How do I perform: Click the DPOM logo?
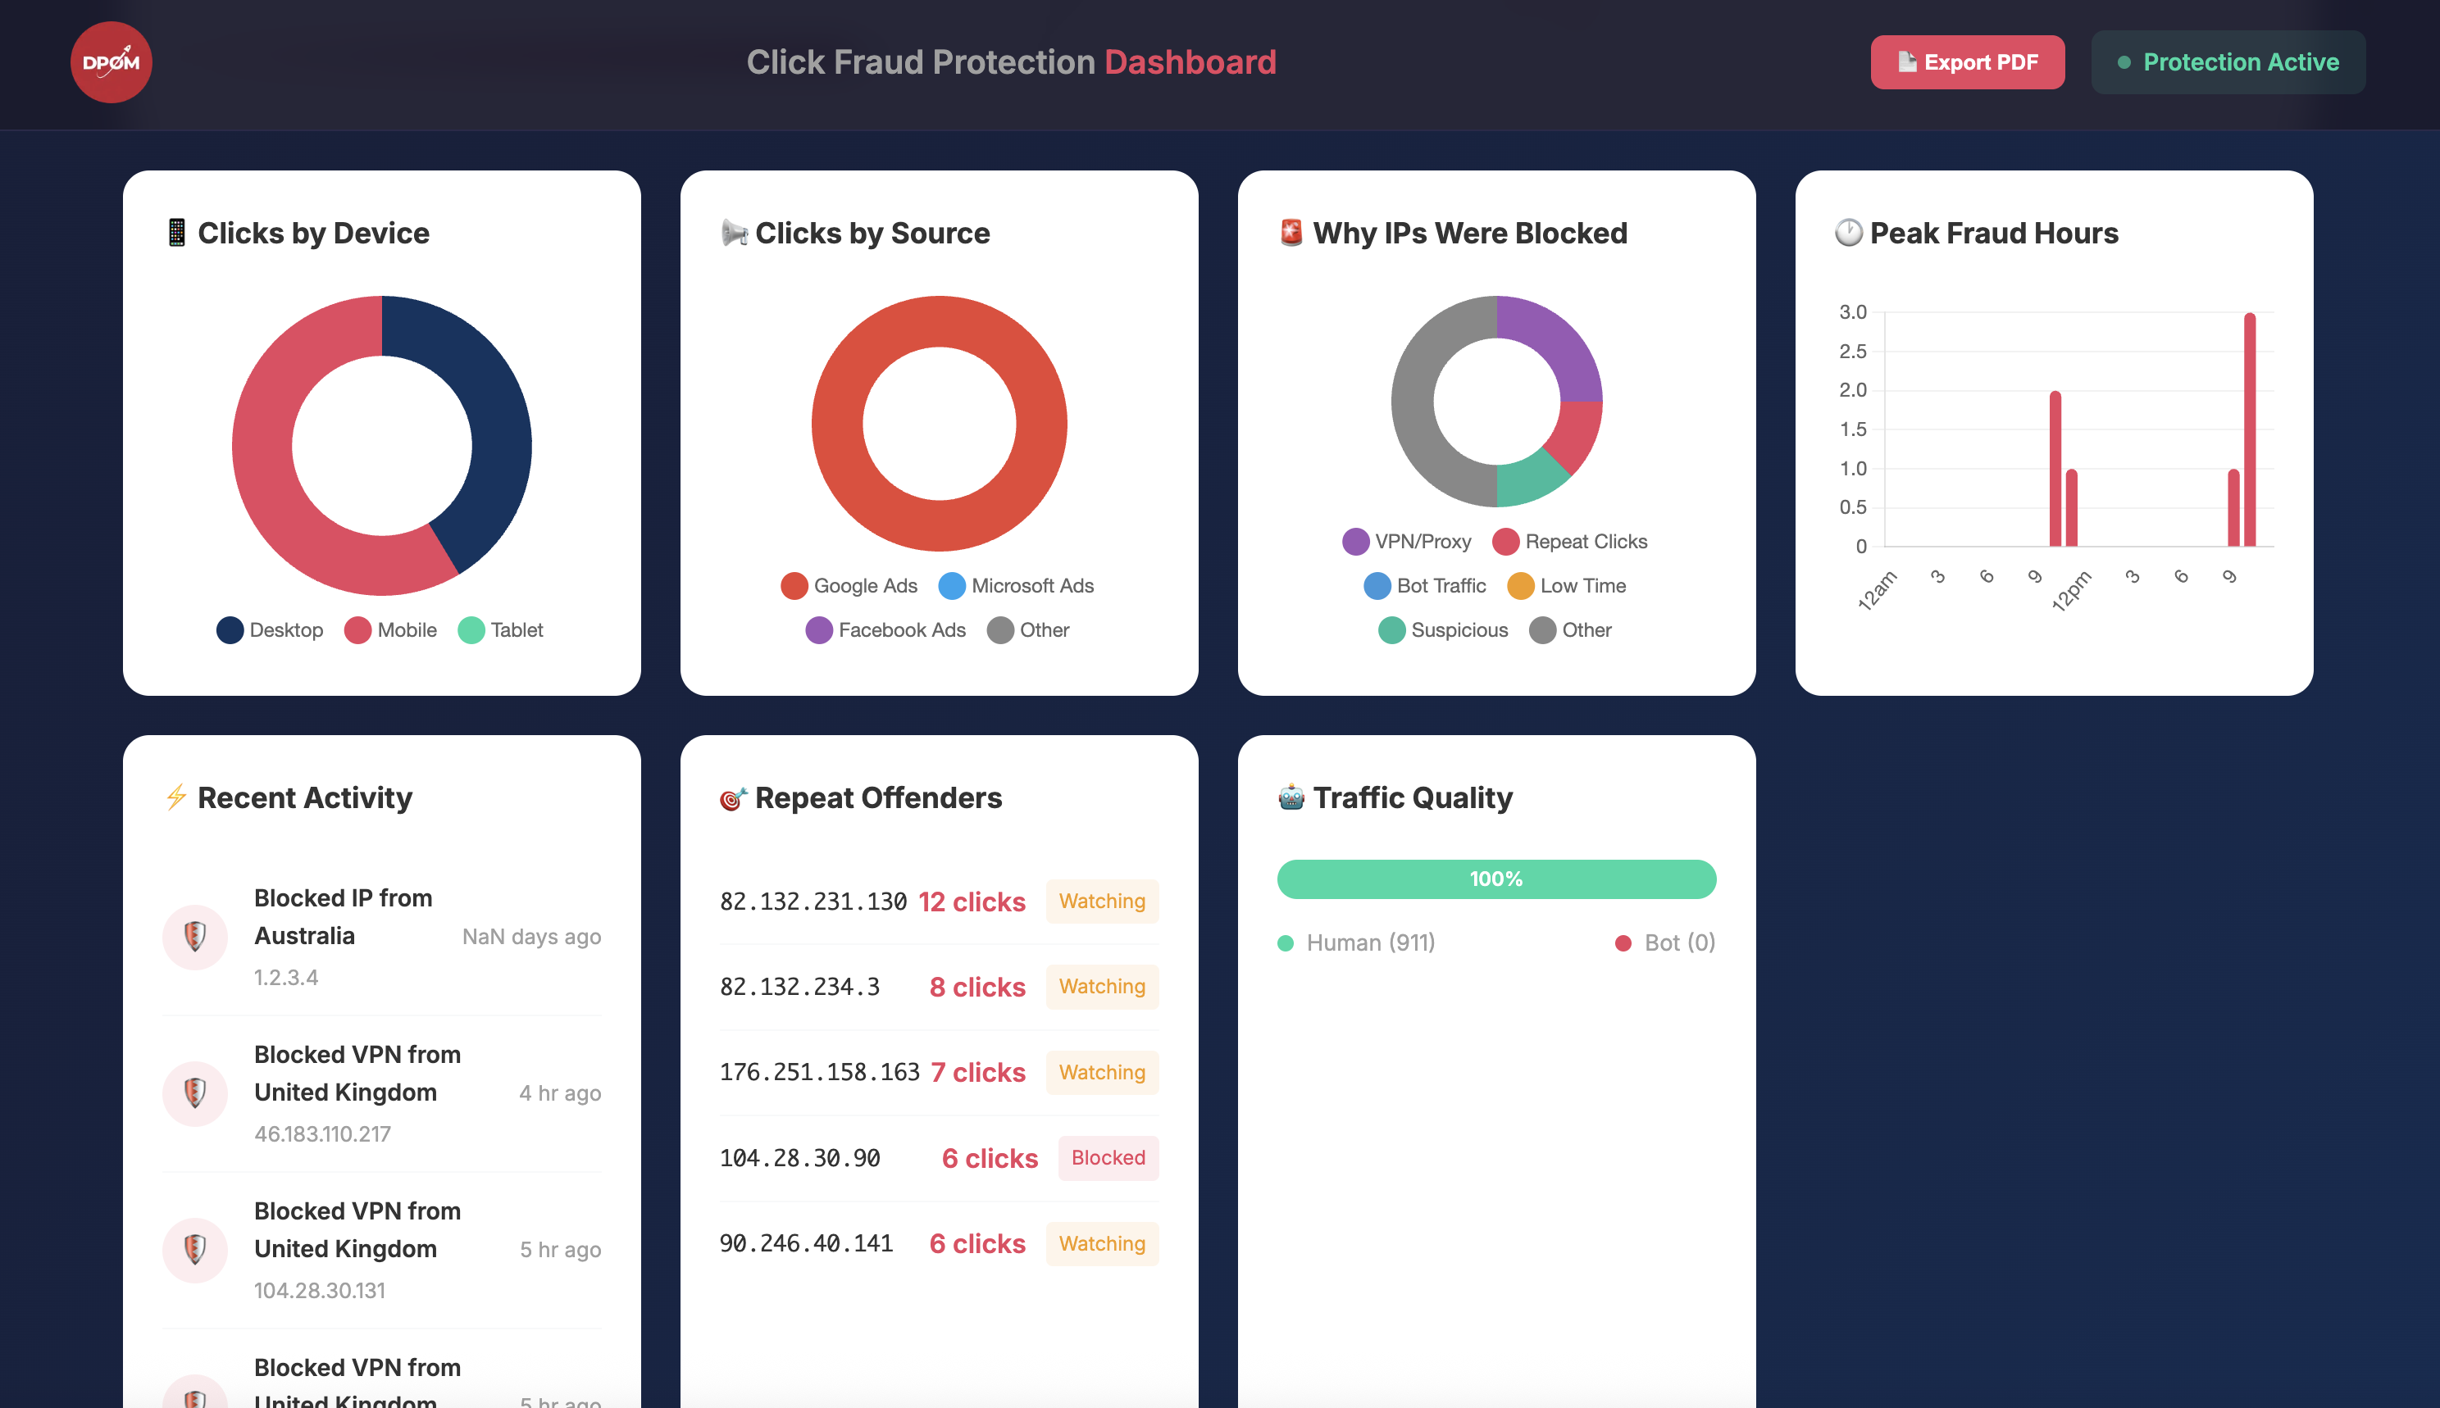point(112,62)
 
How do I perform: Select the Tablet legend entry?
point(501,630)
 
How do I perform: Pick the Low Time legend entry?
point(1567,586)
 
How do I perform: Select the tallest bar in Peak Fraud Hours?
point(2250,429)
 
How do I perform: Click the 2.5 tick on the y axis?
point(1852,351)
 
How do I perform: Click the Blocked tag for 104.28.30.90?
point(1108,1157)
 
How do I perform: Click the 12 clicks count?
point(971,902)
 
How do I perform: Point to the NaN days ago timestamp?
point(531,936)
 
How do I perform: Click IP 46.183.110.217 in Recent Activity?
point(322,1133)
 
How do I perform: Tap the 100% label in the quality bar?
point(1495,879)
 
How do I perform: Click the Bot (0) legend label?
point(1678,942)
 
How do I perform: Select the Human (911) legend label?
point(1369,942)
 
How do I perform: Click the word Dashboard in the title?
point(1190,62)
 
